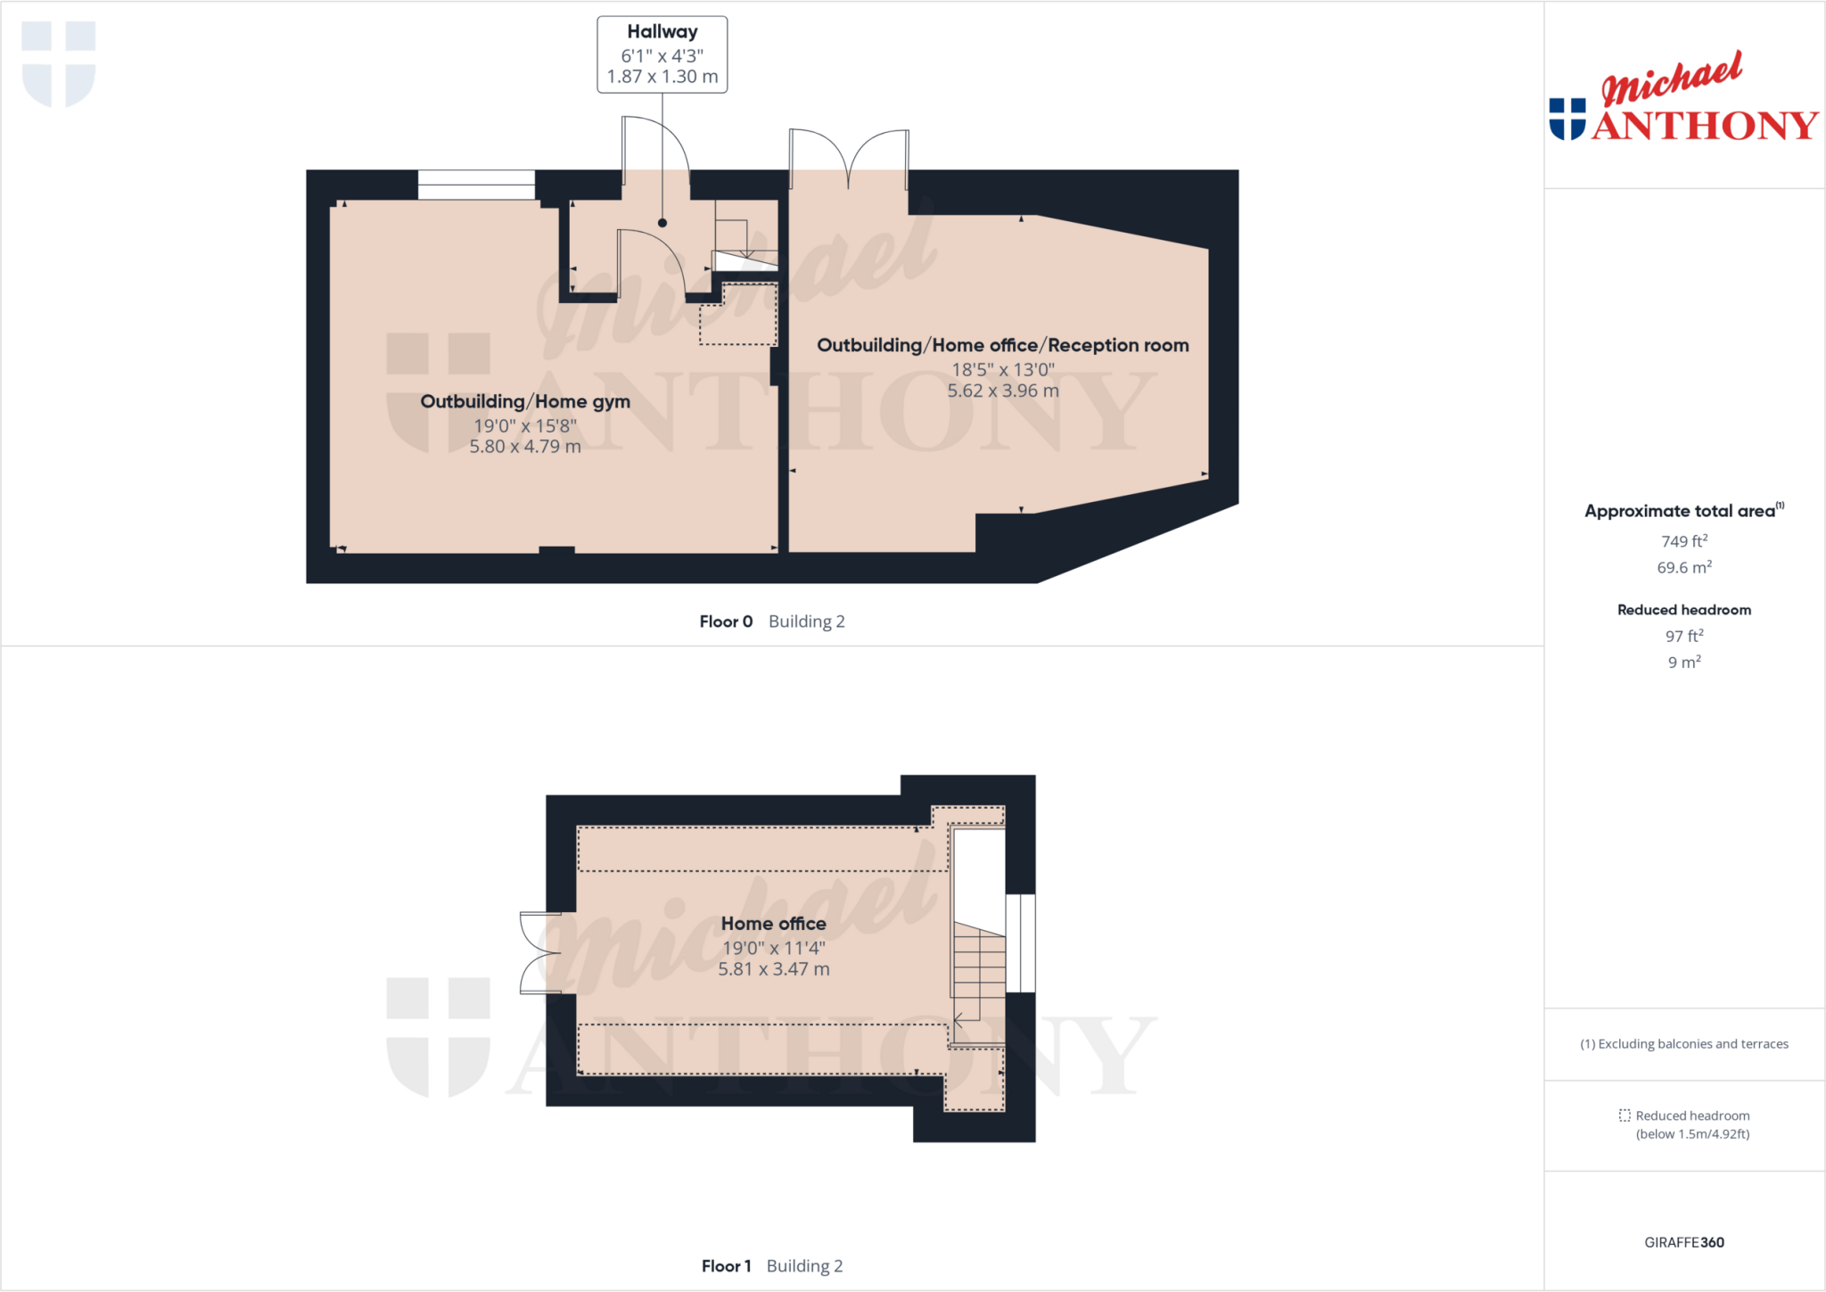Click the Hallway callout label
662,32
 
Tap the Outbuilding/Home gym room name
525,402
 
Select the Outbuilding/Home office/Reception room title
1002,346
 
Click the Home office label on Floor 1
773,924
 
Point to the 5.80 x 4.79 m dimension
525,447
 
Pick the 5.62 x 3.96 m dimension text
1002,391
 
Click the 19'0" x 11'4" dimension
773,948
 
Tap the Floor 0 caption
726,621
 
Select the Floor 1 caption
726,1266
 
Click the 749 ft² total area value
1683,541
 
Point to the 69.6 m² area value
1683,567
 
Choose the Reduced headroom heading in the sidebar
1683,610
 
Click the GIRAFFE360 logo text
1683,1242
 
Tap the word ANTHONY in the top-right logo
1704,126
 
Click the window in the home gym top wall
476,185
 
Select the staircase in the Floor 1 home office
979,972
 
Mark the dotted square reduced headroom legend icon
1624,1115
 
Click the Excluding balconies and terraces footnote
1683,1044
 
